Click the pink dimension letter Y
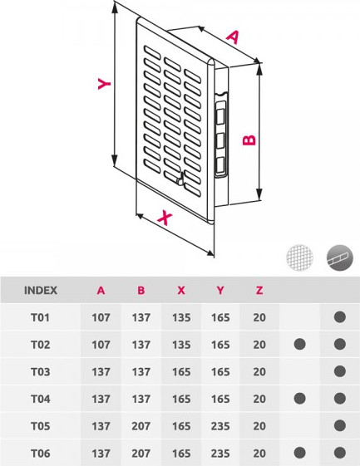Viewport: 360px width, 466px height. (102, 84)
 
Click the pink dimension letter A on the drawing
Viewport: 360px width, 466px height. (233, 37)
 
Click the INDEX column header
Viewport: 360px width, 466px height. (41, 290)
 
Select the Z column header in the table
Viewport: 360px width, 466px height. (259, 290)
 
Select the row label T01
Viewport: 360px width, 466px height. (41, 317)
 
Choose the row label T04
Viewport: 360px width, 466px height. (41, 399)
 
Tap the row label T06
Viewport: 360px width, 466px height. (41, 453)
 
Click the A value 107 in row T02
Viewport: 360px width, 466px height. (101, 345)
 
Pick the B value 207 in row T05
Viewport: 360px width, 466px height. (141, 426)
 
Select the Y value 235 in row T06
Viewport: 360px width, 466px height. (220, 453)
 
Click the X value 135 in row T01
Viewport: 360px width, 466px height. (180, 317)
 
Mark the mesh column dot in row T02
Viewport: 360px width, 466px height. (299, 345)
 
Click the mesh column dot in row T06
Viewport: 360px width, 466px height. (299, 453)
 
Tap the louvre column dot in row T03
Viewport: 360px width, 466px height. (339, 371)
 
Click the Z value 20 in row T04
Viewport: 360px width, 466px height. (259, 399)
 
